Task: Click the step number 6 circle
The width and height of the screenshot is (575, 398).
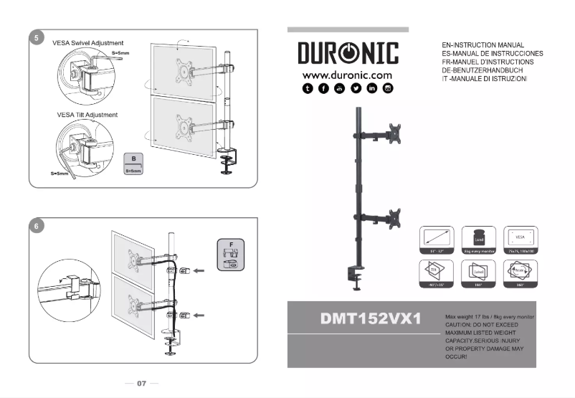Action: pyautogui.click(x=37, y=226)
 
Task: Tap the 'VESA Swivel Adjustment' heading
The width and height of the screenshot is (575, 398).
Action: pyautogui.click(x=88, y=43)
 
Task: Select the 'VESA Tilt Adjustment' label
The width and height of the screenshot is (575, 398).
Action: pyautogui.click(x=87, y=115)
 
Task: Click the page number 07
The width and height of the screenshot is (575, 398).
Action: pyautogui.click(x=141, y=384)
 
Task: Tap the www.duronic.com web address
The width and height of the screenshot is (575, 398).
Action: pyautogui.click(x=347, y=75)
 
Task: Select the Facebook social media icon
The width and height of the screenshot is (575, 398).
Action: pyautogui.click(x=323, y=88)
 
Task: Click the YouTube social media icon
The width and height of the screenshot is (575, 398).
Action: pyautogui.click(x=339, y=88)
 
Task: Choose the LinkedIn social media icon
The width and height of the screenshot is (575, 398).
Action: pyautogui.click(x=371, y=88)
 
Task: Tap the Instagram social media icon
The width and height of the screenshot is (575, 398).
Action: pyautogui.click(x=388, y=88)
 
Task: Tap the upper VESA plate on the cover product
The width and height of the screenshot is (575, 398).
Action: pyautogui.click(x=393, y=134)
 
